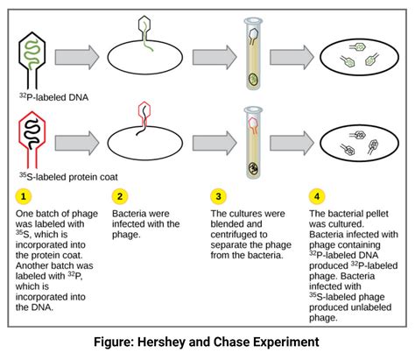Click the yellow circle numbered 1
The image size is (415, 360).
click(x=26, y=195)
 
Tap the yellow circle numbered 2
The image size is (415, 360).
click(x=122, y=195)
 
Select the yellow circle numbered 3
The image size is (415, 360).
click(x=220, y=195)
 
